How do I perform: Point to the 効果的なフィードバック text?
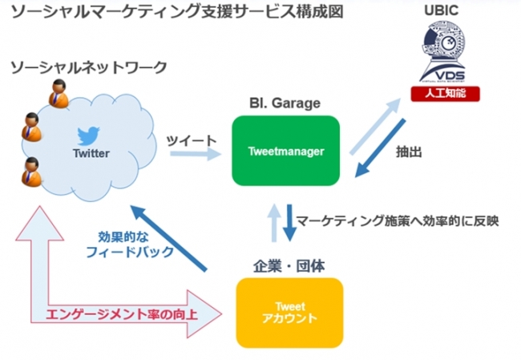[x=128, y=245]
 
